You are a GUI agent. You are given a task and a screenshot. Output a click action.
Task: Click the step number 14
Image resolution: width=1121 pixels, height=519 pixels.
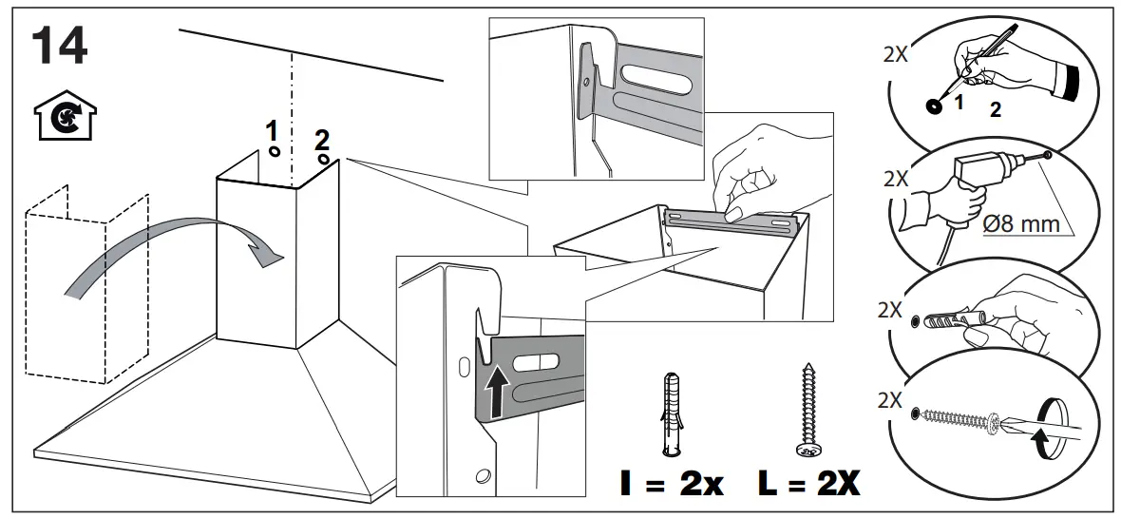click(60, 47)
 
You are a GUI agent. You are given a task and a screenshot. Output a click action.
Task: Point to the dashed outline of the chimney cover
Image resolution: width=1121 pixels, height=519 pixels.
click(85, 285)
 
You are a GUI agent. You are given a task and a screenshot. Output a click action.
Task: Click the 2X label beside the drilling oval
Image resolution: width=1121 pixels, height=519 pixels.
click(895, 177)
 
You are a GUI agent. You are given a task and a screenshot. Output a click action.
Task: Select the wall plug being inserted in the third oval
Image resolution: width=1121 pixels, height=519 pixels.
click(950, 317)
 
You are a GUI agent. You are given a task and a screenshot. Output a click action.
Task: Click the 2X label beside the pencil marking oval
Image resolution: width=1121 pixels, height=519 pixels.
click(895, 54)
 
